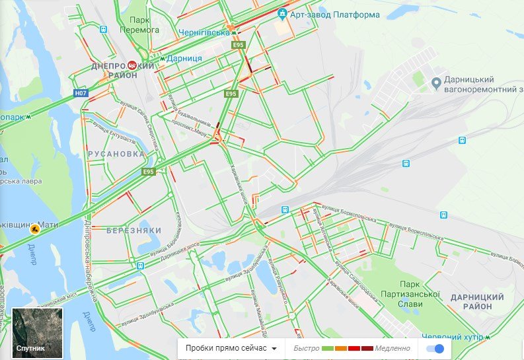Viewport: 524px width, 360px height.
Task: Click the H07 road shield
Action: click(80, 93)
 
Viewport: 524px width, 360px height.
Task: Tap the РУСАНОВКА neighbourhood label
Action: click(116, 153)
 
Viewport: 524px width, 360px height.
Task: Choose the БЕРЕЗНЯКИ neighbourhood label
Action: click(134, 230)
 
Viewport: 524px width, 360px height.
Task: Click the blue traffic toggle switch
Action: click(435, 348)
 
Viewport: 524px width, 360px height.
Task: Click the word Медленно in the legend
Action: click(393, 348)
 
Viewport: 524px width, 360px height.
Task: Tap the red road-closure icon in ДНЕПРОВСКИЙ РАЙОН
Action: click(132, 65)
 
